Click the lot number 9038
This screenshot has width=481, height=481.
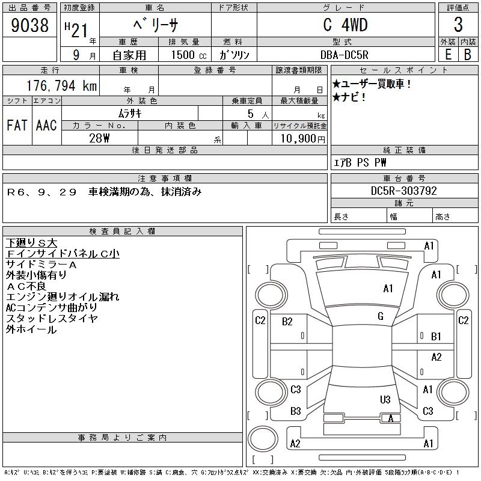(30, 25)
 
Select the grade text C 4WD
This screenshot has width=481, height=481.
(345, 25)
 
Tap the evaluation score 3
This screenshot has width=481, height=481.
(458, 25)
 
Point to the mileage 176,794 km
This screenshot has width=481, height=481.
(60, 86)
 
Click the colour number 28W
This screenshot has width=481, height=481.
(99, 138)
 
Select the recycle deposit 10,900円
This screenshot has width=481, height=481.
(299, 138)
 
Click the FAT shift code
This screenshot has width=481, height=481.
(17, 125)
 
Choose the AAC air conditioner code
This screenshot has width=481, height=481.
(46, 125)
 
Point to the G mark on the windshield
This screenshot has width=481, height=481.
(380, 316)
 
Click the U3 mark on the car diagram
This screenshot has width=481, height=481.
(385, 400)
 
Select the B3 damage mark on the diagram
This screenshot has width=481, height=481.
(295, 411)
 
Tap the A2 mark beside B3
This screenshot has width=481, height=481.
(295, 444)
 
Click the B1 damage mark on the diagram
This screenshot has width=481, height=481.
(437, 336)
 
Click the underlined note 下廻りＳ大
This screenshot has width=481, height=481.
(31, 243)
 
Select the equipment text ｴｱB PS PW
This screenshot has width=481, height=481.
(360, 162)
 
